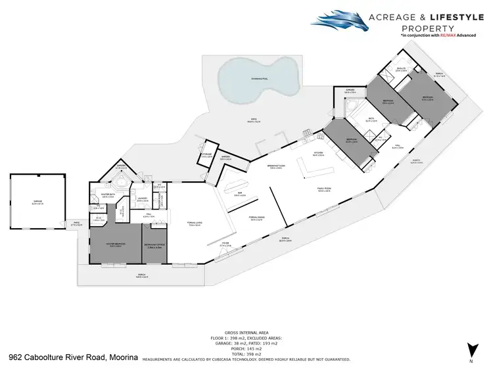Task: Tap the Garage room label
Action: [37, 204]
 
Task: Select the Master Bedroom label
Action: [116, 245]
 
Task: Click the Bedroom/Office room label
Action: [154, 245]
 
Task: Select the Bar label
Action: [241, 195]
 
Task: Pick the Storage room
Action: [207, 156]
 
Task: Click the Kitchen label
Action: [318, 155]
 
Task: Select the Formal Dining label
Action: [256, 219]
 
